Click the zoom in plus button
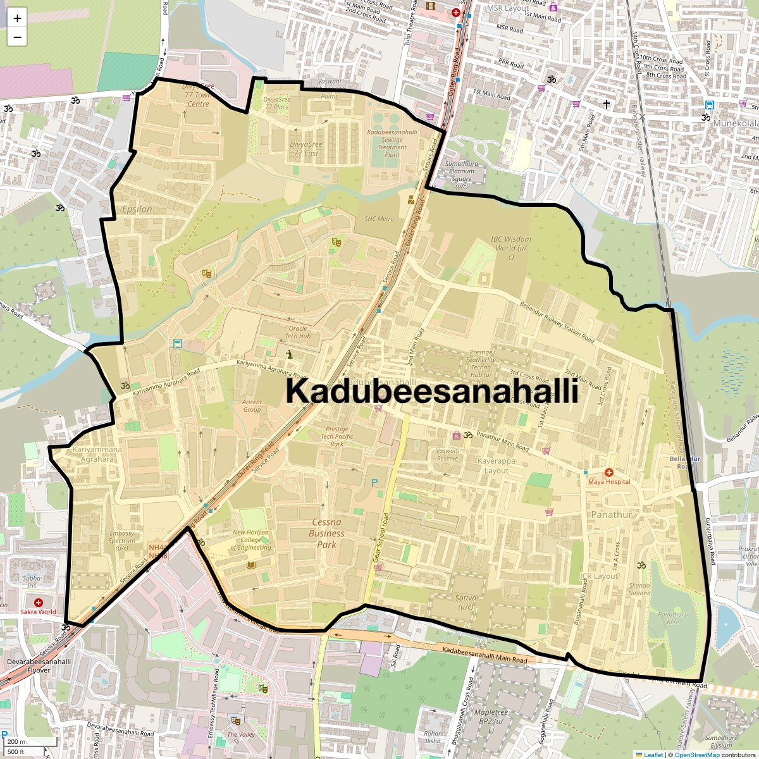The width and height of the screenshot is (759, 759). point(17,18)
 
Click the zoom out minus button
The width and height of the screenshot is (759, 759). point(17,37)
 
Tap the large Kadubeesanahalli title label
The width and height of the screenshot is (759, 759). point(432,391)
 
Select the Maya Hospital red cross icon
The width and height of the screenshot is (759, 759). point(609,472)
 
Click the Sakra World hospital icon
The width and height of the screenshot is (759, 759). point(39,603)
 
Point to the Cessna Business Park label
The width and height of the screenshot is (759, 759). point(326,533)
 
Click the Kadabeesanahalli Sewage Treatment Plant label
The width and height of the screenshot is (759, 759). point(392,143)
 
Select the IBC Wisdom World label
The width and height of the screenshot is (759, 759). point(511,247)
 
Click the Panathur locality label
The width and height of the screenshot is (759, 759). point(611,515)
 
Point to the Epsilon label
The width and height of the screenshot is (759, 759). point(137,209)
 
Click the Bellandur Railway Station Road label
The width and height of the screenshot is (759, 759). point(557,321)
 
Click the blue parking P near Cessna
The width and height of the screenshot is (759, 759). point(374,483)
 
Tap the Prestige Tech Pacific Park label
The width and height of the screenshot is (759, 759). point(337,436)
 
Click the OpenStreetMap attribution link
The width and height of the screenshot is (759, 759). point(696,755)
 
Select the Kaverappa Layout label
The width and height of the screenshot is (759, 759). point(497,466)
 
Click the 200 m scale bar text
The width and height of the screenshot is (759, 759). point(16,742)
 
